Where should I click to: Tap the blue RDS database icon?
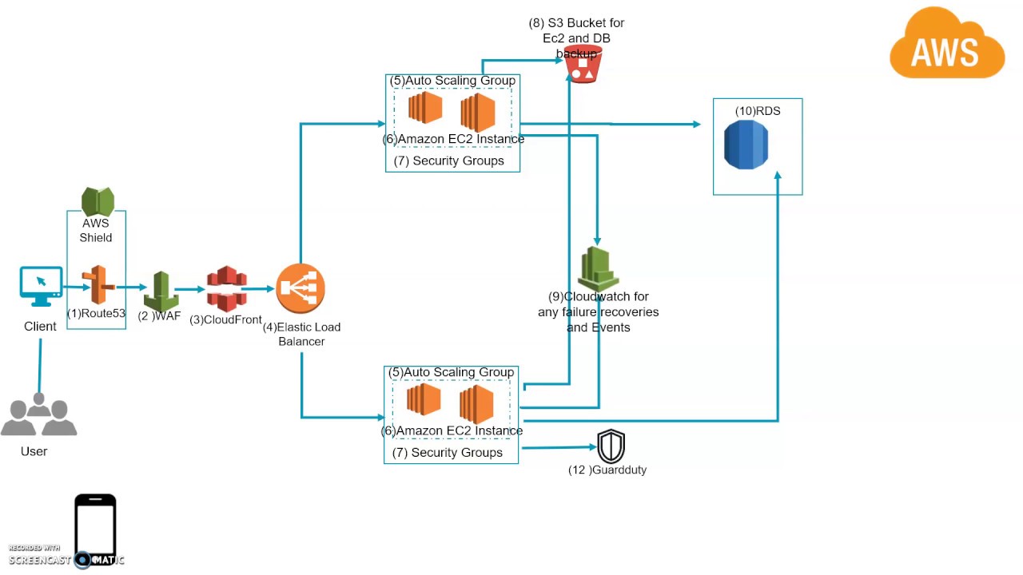(746, 145)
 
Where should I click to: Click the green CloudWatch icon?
(598, 268)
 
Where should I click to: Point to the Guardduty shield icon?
(611, 446)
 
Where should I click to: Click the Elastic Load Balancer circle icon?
(301, 288)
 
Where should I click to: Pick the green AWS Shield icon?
(98, 201)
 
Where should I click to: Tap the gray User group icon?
(38, 414)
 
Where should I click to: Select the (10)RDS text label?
(757, 111)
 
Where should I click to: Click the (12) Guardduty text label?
(607, 470)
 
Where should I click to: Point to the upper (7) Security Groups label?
(448, 161)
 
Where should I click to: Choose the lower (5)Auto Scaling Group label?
(451, 372)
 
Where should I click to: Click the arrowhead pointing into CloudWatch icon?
(597, 239)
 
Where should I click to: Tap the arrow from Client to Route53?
(75, 287)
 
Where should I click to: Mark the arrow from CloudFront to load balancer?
(257, 288)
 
